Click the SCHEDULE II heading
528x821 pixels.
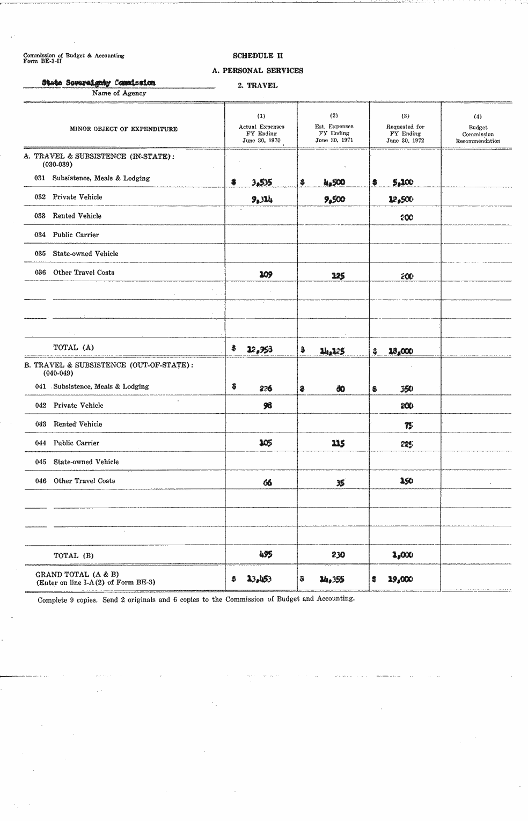258,56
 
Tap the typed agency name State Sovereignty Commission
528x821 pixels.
99,83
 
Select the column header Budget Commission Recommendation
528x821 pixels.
478,135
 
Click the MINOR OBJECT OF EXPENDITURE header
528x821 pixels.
123,129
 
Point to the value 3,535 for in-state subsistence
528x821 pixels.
261,182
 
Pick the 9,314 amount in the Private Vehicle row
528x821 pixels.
261,200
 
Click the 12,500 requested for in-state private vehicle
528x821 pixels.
401,199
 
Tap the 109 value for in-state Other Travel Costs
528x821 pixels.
266,274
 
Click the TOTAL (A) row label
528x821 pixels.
74,347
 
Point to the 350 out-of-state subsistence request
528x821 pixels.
406,388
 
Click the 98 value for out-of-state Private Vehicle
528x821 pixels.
267,406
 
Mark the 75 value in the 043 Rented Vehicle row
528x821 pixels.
408,425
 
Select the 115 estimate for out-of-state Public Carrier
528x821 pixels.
338,443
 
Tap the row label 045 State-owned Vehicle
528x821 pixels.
77,461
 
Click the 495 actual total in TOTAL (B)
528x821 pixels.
266,554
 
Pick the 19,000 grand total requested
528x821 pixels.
401,579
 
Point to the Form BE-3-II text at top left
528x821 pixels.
43,61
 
